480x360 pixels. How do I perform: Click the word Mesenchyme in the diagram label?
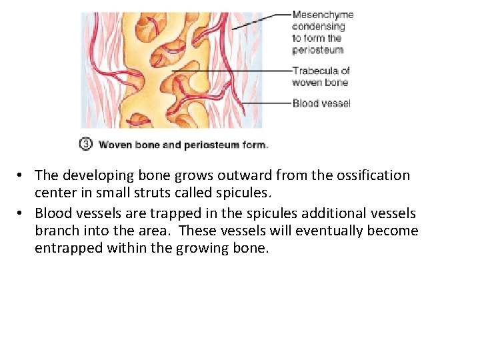pyautogui.click(x=323, y=15)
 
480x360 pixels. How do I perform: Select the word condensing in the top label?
pyautogui.click(x=318, y=27)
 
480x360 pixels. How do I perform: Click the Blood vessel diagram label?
pyautogui.click(x=321, y=103)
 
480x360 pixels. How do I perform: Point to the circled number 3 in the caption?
pyautogui.click(x=86, y=144)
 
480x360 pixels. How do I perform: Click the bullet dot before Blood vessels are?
pyautogui.click(x=21, y=213)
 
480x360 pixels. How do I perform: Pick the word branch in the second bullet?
pyautogui.click(x=57, y=231)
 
